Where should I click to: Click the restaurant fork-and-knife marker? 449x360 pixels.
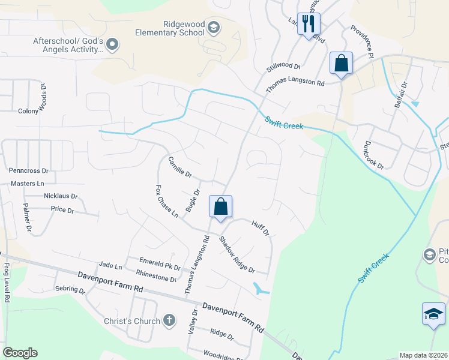(309, 25)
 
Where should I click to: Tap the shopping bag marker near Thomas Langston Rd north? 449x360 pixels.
(341, 64)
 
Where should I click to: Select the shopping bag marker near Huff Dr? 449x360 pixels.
(221, 206)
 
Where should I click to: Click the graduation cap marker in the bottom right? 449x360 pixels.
(433, 314)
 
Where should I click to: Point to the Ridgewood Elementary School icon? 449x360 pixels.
(213, 28)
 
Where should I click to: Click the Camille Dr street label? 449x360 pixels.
(179, 167)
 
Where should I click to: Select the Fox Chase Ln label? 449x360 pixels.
(167, 201)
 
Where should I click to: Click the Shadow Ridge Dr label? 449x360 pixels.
(237, 254)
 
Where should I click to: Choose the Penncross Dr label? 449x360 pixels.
(28, 171)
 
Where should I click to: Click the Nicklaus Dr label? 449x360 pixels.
(61, 196)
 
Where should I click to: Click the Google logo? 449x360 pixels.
(20, 353)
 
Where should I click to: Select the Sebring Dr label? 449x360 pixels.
(70, 289)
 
